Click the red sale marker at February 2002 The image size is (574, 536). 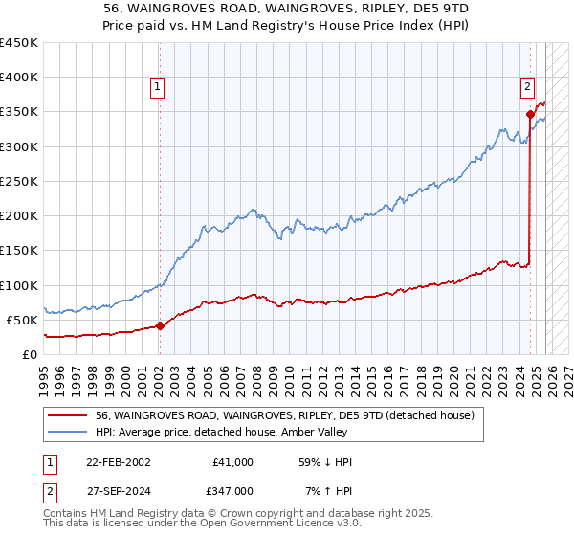[160, 325]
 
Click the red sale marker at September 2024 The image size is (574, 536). [530, 114]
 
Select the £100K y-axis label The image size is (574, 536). [19, 285]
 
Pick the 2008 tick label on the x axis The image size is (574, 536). [256, 375]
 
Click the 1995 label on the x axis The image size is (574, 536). [44, 375]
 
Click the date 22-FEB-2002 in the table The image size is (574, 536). [118, 462]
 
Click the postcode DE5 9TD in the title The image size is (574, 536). [422, 7]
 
